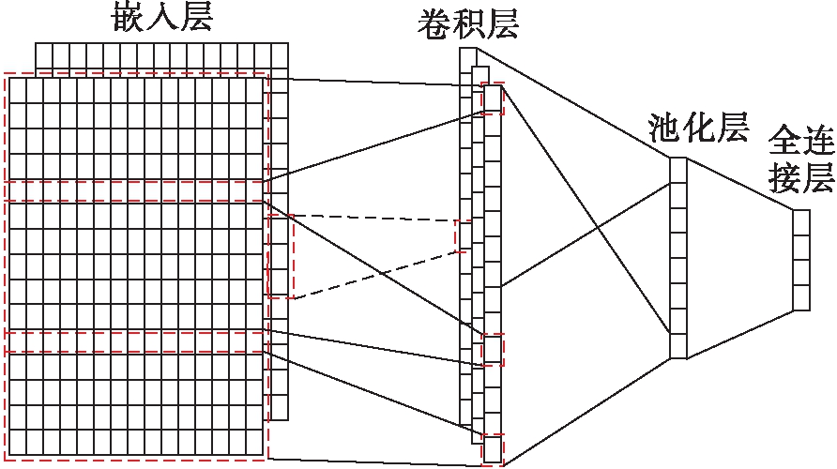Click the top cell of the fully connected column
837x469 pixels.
click(800, 222)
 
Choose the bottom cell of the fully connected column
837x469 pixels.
click(800, 297)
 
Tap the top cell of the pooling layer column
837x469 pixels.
click(678, 170)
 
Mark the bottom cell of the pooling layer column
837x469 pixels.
click(678, 345)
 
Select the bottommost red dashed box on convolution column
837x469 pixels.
click(493, 448)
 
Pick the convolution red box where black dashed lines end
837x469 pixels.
click(462, 236)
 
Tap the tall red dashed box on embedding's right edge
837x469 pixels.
click(281, 256)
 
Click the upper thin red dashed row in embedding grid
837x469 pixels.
click(136, 191)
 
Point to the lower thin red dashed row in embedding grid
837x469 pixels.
click(136, 341)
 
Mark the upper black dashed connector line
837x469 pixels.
click(375, 219)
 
